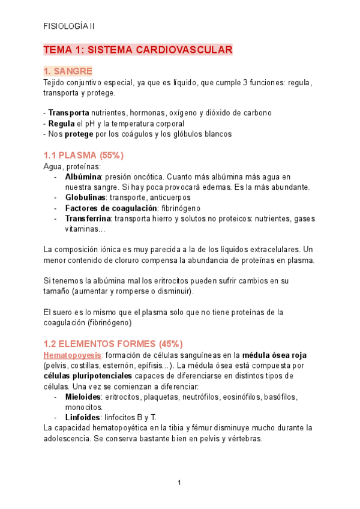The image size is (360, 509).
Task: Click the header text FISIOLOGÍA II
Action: click(69, 26)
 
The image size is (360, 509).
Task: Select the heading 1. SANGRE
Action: click(68, 71)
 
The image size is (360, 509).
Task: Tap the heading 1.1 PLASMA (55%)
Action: click(83, 155)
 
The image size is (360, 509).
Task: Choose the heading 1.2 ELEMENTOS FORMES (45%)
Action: click(113, 344)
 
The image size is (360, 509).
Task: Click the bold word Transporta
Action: click(68, 113)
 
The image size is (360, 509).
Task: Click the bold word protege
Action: click(79, 134)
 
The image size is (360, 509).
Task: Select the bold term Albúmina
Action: click(83, 177)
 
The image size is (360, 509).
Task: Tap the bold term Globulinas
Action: click(86, 197)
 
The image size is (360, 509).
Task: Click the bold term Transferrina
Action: click(88, 219)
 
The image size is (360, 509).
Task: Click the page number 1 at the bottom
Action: click(179, 483)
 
